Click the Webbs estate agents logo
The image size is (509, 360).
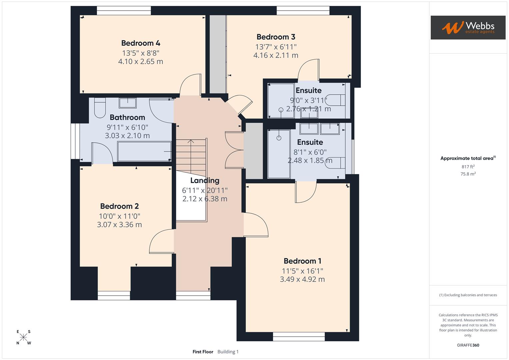[468, 27]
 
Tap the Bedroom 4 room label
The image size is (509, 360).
[141, 43]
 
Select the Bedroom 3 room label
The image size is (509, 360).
[276, 37]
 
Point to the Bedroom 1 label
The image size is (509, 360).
[302, 261]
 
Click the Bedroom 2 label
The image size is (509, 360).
[119, 206]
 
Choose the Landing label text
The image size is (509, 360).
[205, 181]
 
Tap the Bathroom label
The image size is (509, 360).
[127, 117]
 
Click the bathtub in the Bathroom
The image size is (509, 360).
[144, 152]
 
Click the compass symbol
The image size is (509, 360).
[23, 337]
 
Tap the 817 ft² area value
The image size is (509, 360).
[468, 167]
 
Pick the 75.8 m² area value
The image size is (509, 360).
[468, 174]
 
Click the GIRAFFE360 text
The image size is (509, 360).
[468, 345]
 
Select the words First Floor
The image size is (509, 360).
[203, 352]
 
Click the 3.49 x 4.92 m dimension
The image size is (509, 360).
[302, 279]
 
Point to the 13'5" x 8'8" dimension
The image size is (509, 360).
[141, 53]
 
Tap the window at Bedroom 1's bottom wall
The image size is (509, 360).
[299, 336]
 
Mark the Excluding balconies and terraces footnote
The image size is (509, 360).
[468, 295]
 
